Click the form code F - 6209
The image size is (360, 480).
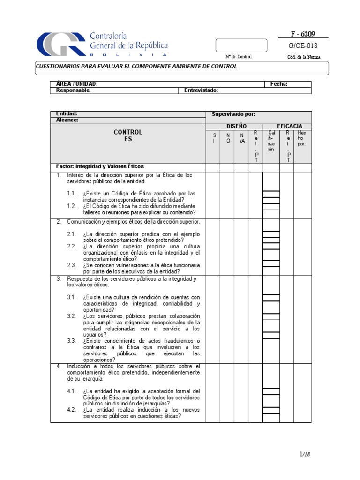pyautogui.click(x=304, y=34)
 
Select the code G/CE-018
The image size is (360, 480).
pyautogui.click(x=304, y=46)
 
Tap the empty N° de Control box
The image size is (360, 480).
pyautogui.click(x=241, y=45)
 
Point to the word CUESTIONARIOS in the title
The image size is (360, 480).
pyautogui.click(x=59, y=67)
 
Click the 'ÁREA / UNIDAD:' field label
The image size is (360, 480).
pyautogui.click(x=77, y=84)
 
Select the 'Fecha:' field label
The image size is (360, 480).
pyautogui.click(x=279, y=84)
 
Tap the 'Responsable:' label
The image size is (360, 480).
pyautogui.click(x=73, y=91)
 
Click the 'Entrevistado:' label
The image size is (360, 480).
pyautogui.click(x=201, y=91)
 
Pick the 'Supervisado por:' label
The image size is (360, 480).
pyautogui.click(x=233, y=114)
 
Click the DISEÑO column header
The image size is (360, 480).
pyautogui.click(x=236, y=126)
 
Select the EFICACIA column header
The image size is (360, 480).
pyautogui.click(x=289, y=126)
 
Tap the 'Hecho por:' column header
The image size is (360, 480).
pyautogui.click(x=301, y=138)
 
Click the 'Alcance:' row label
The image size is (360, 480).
pyautogui.click(x=67, y=120)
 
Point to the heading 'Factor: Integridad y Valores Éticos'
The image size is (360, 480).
pyautogui.click(x=100, y=166)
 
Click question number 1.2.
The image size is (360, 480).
pyautogui.click(x=71, y=206)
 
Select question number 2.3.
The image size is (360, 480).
pyautogui.click(x=71, y=265)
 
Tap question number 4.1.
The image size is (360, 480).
pyautogui.click(x=71, y=391)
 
